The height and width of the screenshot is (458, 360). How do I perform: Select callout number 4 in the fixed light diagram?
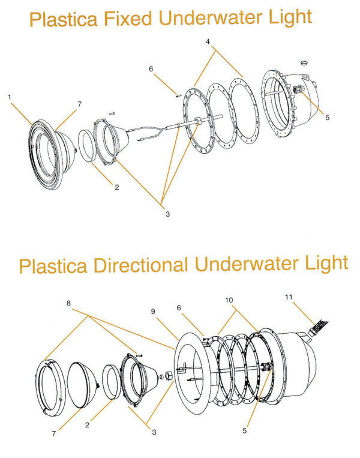(208, 42)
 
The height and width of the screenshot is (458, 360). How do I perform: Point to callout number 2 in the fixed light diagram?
(116, 187)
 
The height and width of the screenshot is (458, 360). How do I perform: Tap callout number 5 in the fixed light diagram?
(326, 118)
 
